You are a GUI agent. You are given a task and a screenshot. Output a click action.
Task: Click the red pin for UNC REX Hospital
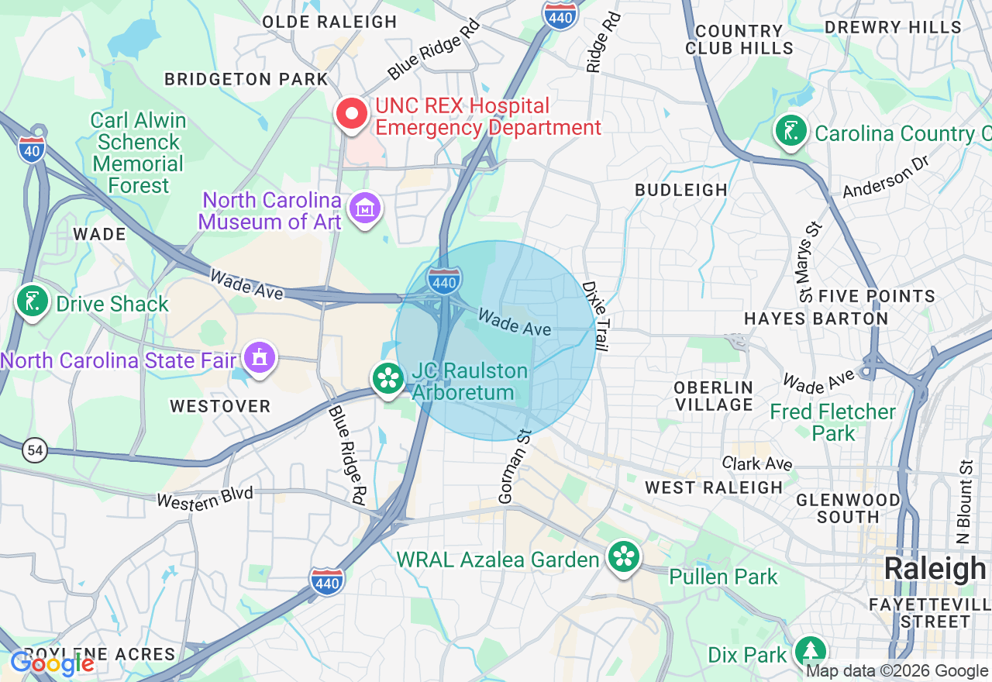(x=352, y=115)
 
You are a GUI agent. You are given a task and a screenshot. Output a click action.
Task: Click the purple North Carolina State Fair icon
(x=259, y=358)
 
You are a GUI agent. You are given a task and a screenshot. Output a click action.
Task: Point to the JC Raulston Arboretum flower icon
(x=387, y=379)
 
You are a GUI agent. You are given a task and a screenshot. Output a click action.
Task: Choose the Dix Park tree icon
(x=811, y=652)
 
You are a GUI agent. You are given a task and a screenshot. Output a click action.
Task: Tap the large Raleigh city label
(x=935, y=569)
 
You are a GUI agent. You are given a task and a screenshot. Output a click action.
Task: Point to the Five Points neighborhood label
(x=877, y=296)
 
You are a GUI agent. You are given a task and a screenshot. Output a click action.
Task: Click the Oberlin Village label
(x=714, y=395)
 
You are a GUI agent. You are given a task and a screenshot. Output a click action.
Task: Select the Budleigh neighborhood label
(x=681, y=190)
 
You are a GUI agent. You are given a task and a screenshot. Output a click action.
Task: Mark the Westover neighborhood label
(x=220, y=406)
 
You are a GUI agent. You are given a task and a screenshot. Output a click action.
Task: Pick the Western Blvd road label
(x=205, y=496)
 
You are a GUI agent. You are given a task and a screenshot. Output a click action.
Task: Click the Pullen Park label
(x=723, y=577)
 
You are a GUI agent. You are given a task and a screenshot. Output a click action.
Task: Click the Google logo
(x=51, y=663)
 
